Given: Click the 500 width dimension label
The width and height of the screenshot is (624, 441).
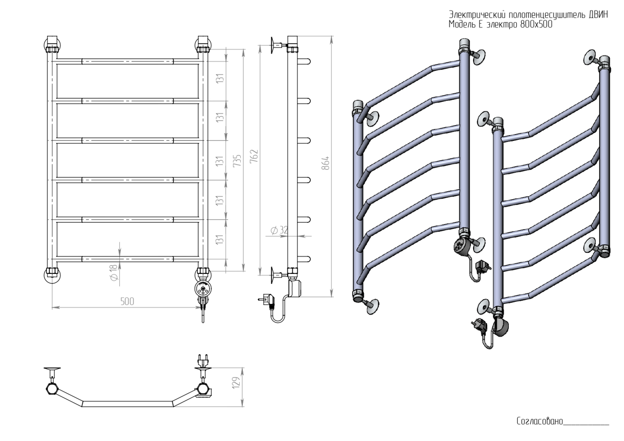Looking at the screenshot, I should coord(127,301).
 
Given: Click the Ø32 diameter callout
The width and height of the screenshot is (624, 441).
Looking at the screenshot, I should coord(280,230).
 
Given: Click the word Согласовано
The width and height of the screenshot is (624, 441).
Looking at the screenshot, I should coord(539,421).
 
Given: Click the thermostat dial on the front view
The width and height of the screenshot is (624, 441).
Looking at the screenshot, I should coord(203,288).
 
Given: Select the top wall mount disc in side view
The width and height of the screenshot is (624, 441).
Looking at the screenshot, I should coord(274,45).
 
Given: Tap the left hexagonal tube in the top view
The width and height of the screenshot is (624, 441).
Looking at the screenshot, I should coord(52,389).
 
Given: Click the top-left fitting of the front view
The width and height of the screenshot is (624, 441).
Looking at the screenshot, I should coord(53,44).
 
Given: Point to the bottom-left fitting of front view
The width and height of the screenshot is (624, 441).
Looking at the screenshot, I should coord(53,273).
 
